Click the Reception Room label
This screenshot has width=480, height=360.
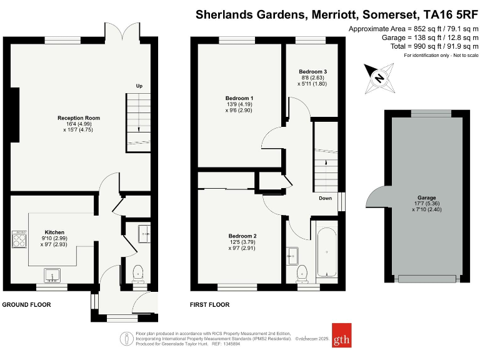[79, 118]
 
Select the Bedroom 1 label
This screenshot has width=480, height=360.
[239, 98]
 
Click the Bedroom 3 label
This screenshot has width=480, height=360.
[312, 71]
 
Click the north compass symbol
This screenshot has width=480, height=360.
[379, 78]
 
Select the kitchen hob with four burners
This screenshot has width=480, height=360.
[19, 240]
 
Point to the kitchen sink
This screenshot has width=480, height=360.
[51, 274]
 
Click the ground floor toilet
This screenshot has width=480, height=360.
[137, 272]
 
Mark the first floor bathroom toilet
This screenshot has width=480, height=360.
[302, 272]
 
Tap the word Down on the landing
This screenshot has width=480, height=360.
[326, 198]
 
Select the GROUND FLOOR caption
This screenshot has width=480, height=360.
[26, 305]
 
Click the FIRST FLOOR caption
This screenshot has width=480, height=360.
[210, 305]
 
